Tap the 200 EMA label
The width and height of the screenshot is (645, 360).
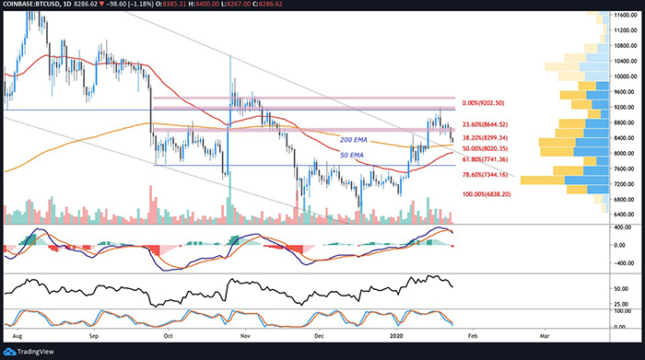pos(356,139)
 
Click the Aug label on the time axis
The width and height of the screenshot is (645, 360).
pos(18,338)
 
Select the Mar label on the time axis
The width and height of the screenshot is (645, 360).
pos(545,338)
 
